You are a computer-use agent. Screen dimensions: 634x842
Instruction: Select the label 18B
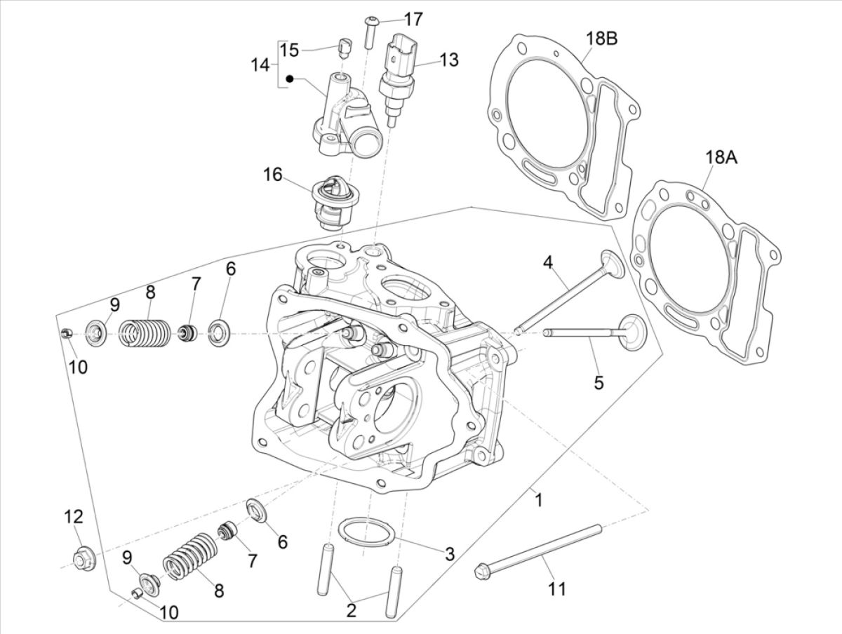point(601,39)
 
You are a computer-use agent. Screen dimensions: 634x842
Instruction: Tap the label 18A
point(721,158)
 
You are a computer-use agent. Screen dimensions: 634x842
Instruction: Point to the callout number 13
point(449,60)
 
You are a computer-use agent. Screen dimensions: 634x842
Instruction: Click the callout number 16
point(273,174)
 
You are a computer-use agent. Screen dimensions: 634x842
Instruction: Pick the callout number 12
point(74,517)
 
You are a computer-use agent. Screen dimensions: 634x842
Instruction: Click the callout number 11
point(556,590)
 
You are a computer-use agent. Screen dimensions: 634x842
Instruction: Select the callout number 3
point(450,553)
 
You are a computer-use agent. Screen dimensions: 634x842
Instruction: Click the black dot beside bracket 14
point(288,79)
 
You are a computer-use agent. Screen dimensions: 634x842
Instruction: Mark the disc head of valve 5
point(631,330)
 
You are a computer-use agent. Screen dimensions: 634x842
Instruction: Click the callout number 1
point(538,501)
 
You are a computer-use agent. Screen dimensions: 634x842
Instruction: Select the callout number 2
point(351,610)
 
